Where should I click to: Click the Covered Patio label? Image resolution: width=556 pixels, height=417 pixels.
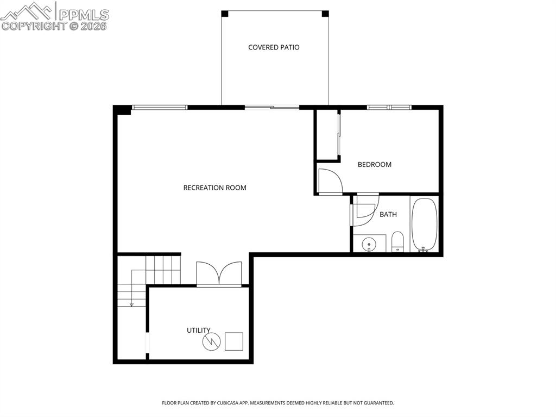coord(274,47)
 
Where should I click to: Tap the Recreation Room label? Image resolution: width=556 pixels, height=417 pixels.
coord(214,188)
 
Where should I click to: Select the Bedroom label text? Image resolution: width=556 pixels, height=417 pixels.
coord(374,164)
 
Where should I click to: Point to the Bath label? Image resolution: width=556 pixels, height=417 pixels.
coord(388,214)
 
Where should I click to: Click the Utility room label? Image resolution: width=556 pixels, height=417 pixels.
coord(198,330)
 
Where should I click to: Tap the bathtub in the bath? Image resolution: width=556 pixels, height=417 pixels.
coord(424,224)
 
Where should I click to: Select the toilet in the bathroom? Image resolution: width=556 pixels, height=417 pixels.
coord(398,242)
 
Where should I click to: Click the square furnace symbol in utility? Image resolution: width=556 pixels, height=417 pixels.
coord(234,341)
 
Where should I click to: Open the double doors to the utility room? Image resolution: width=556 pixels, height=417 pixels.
coord(219,273)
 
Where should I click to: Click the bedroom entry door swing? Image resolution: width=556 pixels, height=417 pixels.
coord(330,181)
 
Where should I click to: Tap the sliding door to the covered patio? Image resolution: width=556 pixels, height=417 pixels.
coord(271,107)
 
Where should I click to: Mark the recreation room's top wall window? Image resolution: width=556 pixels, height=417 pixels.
coord(160,107)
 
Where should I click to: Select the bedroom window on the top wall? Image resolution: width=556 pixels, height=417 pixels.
coord(389,107)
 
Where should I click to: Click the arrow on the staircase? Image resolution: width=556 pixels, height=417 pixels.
coord(131,303)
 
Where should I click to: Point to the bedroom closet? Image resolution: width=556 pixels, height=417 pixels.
coord(327,134)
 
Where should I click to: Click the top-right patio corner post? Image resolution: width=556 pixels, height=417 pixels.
coord(325,14)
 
